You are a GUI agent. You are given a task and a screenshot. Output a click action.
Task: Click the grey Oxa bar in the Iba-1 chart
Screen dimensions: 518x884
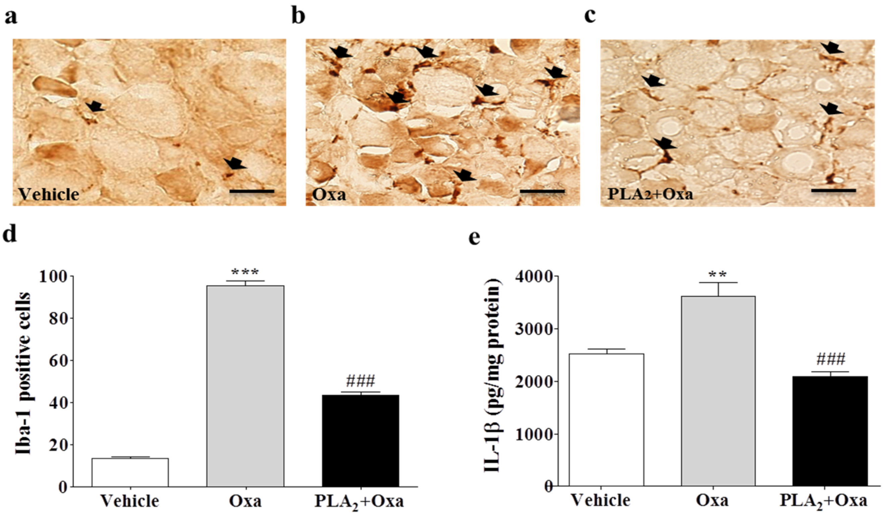(245, 386)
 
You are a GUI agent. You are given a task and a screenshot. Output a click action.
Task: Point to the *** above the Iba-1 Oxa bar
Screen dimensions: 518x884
(245, 272)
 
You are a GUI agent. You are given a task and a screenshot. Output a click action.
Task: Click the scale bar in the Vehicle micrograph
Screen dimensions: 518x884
(252, 192)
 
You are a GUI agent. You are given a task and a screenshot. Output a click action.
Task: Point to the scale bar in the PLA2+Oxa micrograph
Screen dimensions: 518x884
(833, 191)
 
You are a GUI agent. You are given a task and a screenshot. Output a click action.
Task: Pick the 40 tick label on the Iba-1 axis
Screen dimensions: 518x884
(58, 403)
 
